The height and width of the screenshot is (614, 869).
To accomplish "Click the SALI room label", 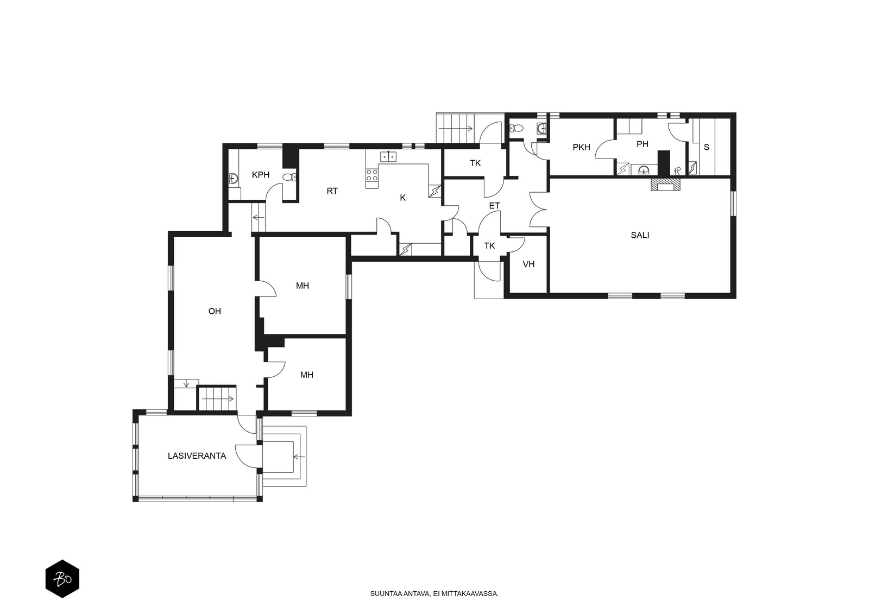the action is (640, 235).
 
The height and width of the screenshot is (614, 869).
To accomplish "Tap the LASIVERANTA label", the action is (197, 456).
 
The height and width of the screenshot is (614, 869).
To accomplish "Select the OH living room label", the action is (215, 311).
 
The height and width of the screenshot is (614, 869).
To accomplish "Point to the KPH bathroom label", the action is (261, 175).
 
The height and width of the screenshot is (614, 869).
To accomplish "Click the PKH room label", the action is (582, 147).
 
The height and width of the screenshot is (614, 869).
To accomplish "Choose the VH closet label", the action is (528, 264).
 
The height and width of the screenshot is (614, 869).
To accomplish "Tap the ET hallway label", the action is (494, 206).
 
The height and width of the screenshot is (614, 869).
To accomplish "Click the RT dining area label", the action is (332, 191).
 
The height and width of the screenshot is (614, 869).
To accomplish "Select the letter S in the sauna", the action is (707, 147).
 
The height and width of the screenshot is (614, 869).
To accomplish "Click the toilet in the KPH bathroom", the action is (289, 178).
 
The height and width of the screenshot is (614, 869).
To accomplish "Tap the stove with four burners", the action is (371, 175).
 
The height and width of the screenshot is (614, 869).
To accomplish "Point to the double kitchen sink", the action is (388, 156).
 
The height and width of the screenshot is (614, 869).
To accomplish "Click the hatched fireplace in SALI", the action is (666, 185).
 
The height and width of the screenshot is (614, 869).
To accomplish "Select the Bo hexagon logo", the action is (62, 579).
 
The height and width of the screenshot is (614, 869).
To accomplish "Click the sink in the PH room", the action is (644, 170).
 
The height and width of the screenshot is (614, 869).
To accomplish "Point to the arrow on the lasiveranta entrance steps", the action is (299, 457).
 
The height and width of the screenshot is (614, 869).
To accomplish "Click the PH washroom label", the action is (643, 144).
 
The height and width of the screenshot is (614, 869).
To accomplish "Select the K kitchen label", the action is (402, 198).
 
